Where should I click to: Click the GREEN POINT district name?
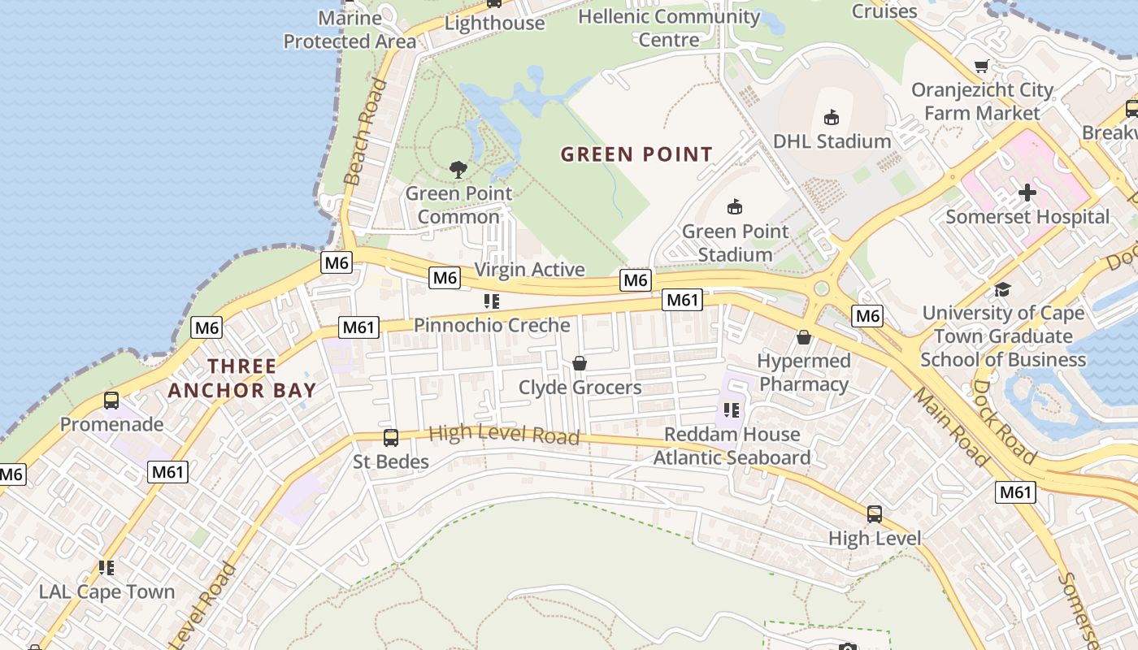pos(636,154)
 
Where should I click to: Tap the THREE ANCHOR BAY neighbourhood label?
pos(241,378)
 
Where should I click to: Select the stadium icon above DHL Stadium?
pos(832,118)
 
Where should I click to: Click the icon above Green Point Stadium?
pos(735,207)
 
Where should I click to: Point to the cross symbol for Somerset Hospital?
pos(1027,193)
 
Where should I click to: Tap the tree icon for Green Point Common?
pos(458,169)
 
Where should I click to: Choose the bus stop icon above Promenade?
pos(111,401)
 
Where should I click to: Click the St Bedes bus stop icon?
pos(391,438)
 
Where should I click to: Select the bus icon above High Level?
pos(875,514)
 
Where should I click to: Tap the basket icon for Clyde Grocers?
pos(580,363)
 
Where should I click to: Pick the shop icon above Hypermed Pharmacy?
pos(804,337)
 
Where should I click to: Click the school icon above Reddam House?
pos(732,410)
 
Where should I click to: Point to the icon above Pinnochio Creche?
pos(491,301)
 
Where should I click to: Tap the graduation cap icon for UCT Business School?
pos(1002,290)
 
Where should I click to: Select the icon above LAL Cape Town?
pos(106,567)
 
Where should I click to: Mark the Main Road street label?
pos(950,427)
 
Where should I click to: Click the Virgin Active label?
pos(529,270)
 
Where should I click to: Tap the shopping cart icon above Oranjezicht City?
pos(982,67)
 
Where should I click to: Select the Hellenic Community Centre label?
pos(669,28)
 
